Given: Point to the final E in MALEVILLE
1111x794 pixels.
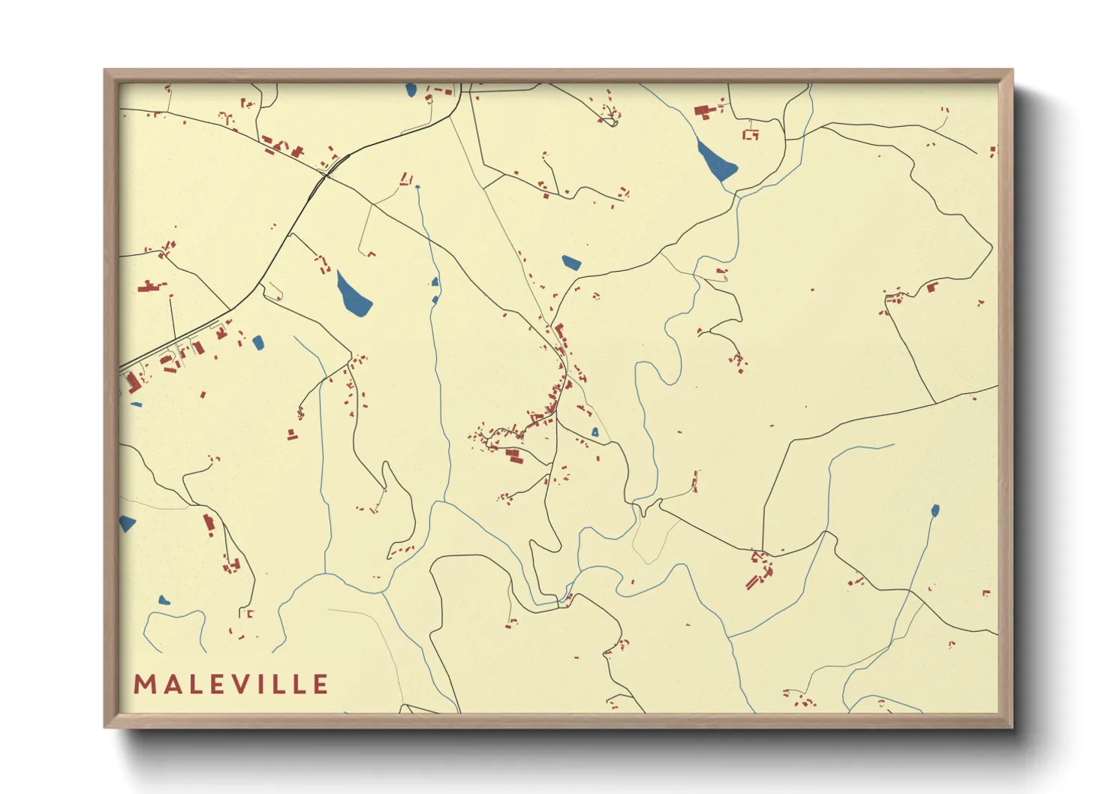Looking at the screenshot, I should click(321, 684).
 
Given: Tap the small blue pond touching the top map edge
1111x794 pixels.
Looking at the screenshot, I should click(411, 91).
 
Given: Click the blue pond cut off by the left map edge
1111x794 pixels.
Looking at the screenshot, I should click(126, 523).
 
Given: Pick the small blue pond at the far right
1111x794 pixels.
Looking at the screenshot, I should click(935, 511).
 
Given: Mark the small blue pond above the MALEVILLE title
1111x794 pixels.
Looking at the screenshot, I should click(164, 600).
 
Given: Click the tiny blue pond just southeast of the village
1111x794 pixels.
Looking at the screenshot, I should click(595, 432).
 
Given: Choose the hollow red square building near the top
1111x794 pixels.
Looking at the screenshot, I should click(751, 134).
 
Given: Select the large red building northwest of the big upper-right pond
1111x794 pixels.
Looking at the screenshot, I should click(703, 112).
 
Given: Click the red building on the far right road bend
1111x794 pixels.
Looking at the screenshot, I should click(932, 287).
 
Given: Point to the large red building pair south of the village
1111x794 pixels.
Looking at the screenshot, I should click(514, 455).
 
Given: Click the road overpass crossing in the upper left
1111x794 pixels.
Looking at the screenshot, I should click(324, 174).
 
